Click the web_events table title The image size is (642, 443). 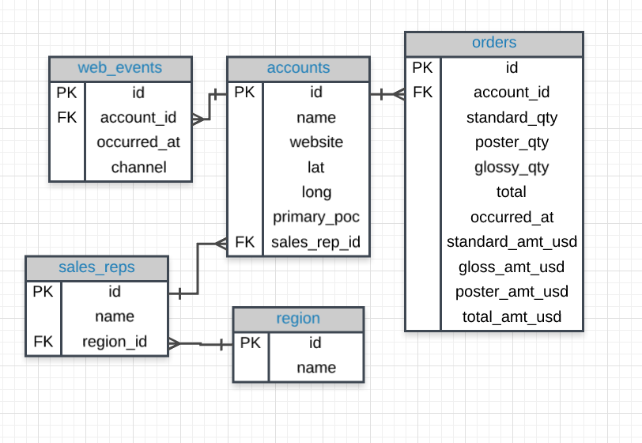tap(120, 67)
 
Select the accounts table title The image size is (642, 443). tap(298, 67)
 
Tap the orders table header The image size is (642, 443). tap(494, 43)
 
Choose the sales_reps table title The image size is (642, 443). tap(96, 267)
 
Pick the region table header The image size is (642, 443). tap(298, 318)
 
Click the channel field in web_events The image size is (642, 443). tap(138, 167)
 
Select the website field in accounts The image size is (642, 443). tap(316, 142)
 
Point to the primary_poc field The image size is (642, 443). tap(316, 217)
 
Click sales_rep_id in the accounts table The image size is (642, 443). tap(316, 242)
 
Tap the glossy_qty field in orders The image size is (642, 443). tap(512, 168)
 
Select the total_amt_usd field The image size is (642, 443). tap(512, 317)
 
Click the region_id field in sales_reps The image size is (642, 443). tap(115, 343)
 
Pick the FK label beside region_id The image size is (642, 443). tap(43, 343)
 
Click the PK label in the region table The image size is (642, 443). tap(250, 343)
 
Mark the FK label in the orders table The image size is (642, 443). tap(423, 93)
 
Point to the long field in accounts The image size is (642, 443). tap(316, 192)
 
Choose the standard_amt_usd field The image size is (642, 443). tap(512, 242)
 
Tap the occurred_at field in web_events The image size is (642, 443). tap(138, 142)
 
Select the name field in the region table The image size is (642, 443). tap(316, 368)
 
